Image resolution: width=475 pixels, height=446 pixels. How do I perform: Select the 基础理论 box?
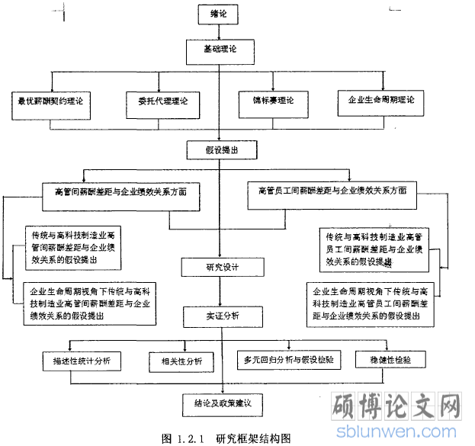pos(220,50)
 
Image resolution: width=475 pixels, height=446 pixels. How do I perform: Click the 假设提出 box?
pos(221,150)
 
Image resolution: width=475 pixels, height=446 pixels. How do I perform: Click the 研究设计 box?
pos(222,267)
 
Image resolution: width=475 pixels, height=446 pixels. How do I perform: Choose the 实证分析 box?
pos(222,315)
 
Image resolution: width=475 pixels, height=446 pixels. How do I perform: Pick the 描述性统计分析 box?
pos(84,361)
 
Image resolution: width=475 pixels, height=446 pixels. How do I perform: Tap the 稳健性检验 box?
pos(398,359)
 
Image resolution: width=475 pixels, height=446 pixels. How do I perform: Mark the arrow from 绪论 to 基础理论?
pos(220,30)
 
